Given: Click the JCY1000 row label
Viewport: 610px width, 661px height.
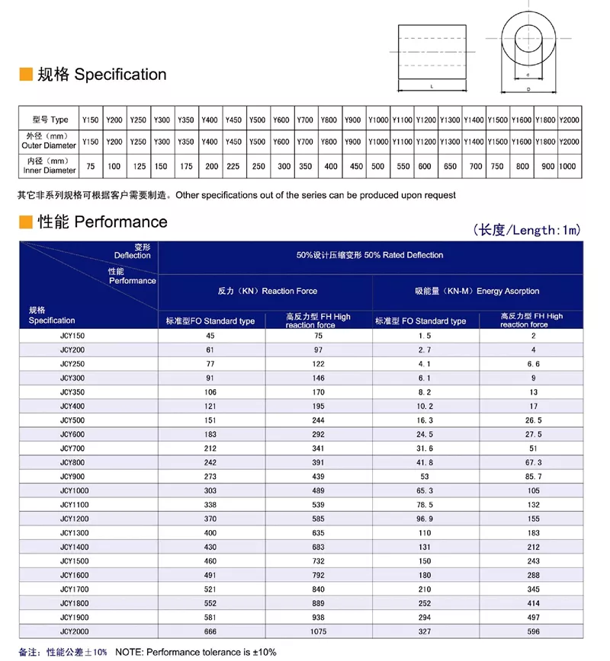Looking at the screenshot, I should tap(74, 490).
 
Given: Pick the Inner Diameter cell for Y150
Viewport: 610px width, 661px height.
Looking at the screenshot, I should tap(91, 167).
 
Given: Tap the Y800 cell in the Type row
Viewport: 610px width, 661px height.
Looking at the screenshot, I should tap(329, 120).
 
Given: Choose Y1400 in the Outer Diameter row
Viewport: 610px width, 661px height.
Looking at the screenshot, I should tap(474, 142).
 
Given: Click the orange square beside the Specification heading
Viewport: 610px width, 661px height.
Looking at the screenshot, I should tap(25, 75).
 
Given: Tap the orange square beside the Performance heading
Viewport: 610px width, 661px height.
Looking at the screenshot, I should tap(25, 222).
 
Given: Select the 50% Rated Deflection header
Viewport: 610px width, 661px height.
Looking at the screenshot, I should tap(370, 255).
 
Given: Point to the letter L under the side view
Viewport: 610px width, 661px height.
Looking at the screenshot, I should tap(432, 87).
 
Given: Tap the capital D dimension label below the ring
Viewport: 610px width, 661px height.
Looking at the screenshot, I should tap(528, 89).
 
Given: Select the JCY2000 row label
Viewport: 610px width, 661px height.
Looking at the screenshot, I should tap(74, 631).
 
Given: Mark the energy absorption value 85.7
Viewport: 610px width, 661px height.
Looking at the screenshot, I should tap(533, 476).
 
